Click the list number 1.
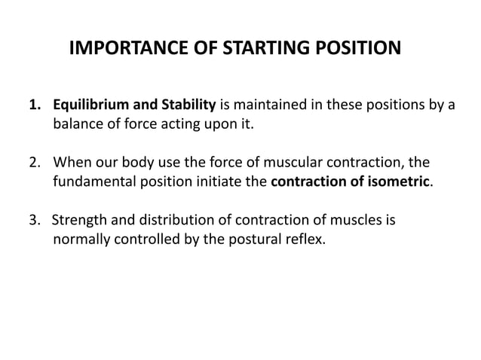[x=34, y=104]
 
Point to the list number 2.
[x=35, y=163]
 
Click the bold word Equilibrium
[x=92, y=104]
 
